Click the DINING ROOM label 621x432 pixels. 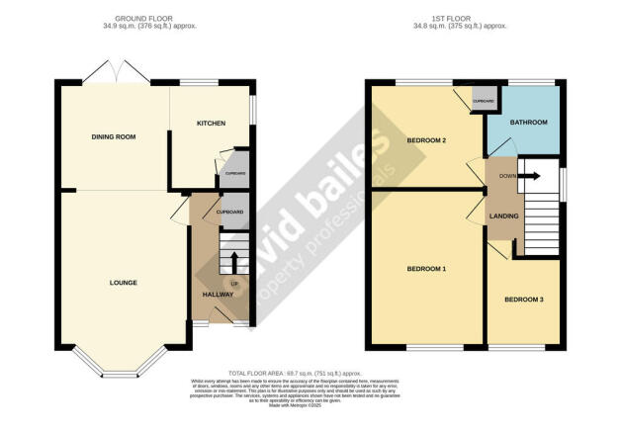[113, 136]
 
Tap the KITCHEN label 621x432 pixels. [211, 124]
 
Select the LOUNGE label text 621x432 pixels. [123, 283]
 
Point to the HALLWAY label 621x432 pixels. [218, 295]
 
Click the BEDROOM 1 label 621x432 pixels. [427, 269]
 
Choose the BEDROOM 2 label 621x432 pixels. [427, 140]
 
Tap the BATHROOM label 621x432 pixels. [528, 124]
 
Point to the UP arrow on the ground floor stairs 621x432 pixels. [234, 263]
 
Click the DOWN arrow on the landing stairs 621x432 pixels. [530, 176]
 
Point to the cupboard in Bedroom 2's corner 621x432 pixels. [484, 101]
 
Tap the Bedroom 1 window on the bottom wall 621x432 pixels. [434, 346]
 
